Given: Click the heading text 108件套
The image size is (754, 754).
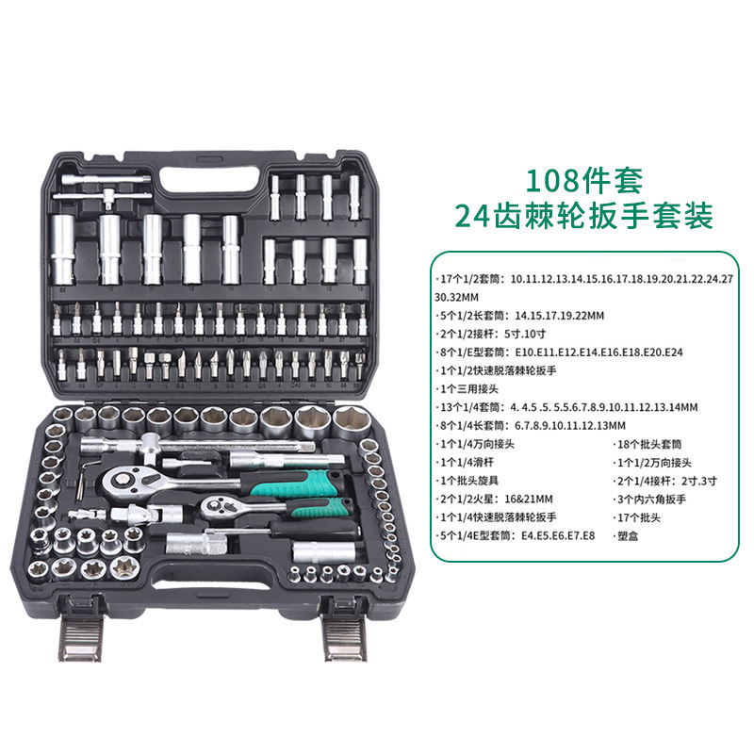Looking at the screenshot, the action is tap(583, 180).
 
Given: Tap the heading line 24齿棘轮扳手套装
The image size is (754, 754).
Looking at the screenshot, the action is tap(583, 216).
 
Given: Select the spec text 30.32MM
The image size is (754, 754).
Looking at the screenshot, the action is tap(456, 298).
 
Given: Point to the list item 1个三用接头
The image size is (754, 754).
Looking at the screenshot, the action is tap(467, 388).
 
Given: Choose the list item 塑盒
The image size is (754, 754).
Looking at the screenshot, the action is tap(626, 535).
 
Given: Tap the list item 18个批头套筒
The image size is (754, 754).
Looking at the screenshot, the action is tap(647, 444).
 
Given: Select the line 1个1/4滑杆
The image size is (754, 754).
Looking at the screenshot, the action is tap(465, 463).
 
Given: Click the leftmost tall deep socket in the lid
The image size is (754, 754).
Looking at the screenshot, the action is tap(63, 250).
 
